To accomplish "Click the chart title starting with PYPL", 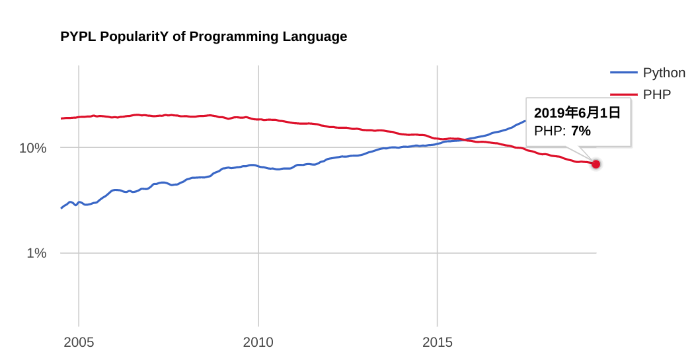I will point(204,36).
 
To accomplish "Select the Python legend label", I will point(664,73).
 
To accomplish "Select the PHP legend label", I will point(656,94).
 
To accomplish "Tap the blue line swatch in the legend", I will point(623,73).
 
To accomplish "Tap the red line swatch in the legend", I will point(623,94).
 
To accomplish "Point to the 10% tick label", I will point(32,148).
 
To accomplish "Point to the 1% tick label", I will point(36,253).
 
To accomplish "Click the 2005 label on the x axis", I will point(79,342).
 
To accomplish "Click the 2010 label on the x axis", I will point(258,342).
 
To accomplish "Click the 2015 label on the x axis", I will point(437,342).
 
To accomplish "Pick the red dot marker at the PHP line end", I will point(596,164).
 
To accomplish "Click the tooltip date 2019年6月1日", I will point(577,113).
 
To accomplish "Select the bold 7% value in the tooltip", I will point(580,131).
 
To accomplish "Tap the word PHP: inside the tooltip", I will point(550,131).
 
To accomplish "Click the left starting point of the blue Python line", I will point(61,208).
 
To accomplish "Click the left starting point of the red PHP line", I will point(61,118).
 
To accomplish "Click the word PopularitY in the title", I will point(134,36).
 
